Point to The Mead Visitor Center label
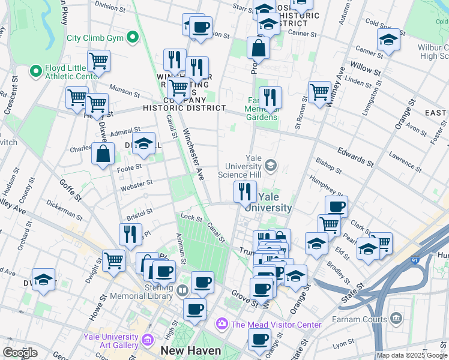pos(277,325)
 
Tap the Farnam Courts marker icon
pos(396,317)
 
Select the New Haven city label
pos(191,350)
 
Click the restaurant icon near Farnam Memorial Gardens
pos(271,97)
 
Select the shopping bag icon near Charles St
pos(103,152)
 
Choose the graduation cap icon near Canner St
pos(388,41)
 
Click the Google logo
pos(20,352)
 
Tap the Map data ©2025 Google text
pos(412,355)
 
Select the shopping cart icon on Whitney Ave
pos(320,92)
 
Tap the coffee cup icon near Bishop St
pos(336,206)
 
